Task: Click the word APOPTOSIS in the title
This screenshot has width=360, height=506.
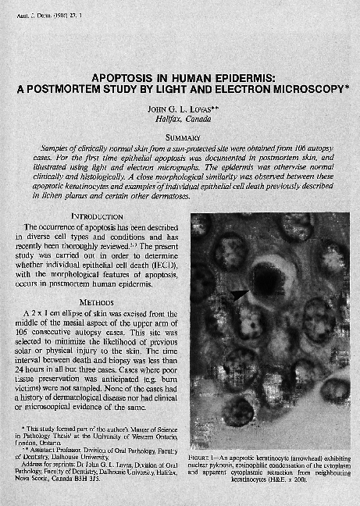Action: (x=126, y=78)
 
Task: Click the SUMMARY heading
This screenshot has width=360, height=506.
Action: (x=180, y=137)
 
